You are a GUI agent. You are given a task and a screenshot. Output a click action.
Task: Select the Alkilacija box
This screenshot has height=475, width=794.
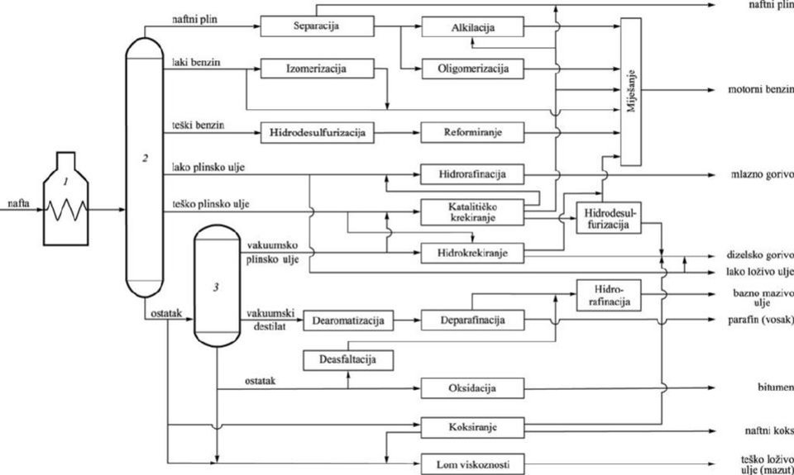tap(472, 28)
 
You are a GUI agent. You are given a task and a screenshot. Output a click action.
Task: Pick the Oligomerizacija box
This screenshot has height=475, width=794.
tap(472, 69)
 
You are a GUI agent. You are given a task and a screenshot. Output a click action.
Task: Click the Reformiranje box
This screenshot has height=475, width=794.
tap(472, 131)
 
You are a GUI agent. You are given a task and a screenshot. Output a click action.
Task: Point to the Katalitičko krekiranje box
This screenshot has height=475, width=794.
tap(472, 211)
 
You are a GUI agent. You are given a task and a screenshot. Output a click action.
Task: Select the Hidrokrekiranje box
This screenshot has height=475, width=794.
tap(472, 251)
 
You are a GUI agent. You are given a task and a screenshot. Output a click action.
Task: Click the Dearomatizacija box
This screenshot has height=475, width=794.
tap(347, 319)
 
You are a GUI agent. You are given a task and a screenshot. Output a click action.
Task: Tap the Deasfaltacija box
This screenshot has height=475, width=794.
tap(347, 359)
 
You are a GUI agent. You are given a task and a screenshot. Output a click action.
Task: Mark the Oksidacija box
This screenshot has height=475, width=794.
tap(472, 387)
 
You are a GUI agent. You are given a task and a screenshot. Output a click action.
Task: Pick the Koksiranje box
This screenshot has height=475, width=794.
tap(472, 428)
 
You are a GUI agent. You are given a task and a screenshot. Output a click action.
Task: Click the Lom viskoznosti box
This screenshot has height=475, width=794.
tap(472, 464)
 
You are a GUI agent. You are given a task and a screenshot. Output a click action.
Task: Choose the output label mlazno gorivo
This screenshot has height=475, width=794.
tap(761, 175)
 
